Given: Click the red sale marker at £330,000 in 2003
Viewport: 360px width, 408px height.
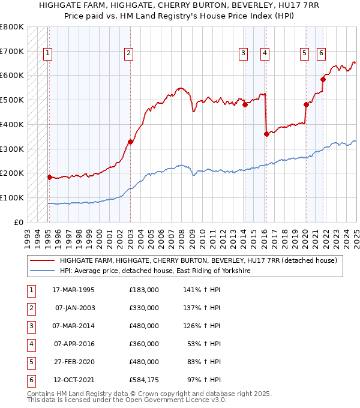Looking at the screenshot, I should [130, 142].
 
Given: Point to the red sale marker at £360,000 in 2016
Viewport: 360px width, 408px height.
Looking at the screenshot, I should [266, 134].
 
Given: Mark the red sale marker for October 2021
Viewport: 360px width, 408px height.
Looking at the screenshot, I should [323, 79].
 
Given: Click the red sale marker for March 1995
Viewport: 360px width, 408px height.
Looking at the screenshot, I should [49, 177].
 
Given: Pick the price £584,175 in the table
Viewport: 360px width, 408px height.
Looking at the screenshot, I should [144, 380].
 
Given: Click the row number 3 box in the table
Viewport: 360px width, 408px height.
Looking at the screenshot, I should [30, 326].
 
